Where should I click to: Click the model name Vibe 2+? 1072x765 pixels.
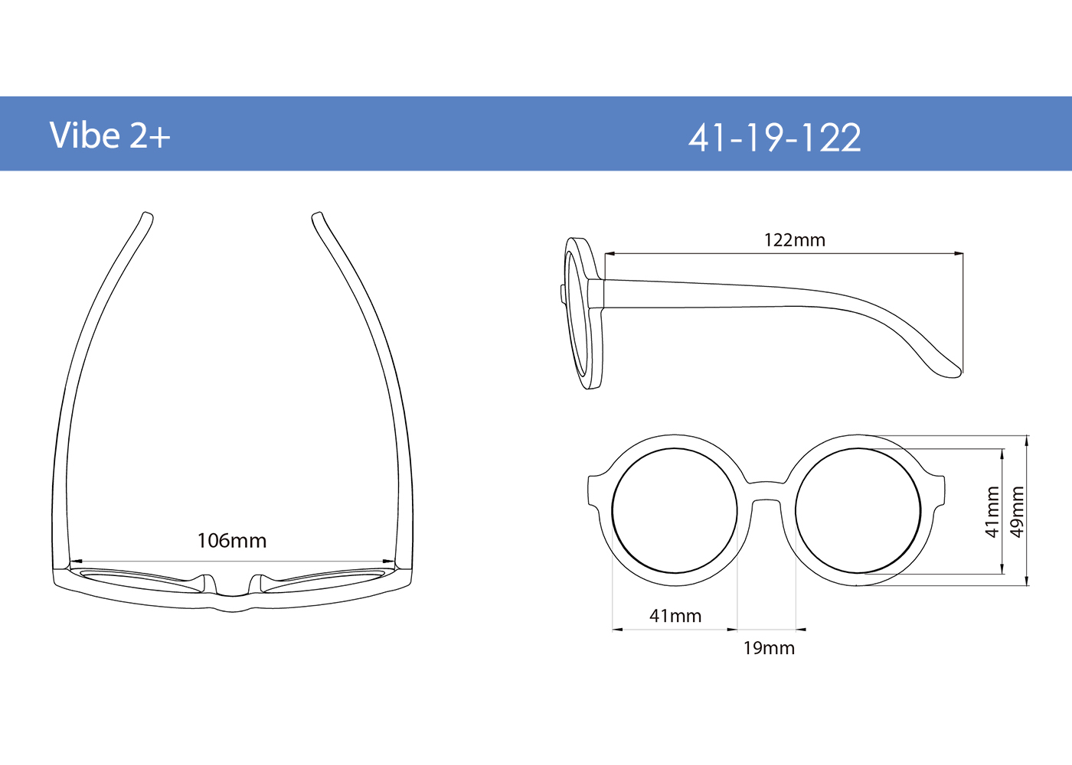tap(109, 135)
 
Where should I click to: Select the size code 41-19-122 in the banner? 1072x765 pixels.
tap(774, 138)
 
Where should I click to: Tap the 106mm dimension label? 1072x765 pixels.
tap(232, 541)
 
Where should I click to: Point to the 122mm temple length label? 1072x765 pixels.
tap(795, 240)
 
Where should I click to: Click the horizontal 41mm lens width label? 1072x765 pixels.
tap(675, 616)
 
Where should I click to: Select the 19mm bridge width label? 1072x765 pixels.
tap(769, 649)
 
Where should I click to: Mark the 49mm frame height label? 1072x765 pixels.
tap(1017, 512)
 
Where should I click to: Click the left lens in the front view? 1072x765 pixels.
tap(675, 511)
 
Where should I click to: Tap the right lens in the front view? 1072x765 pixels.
tap(858, 511)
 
